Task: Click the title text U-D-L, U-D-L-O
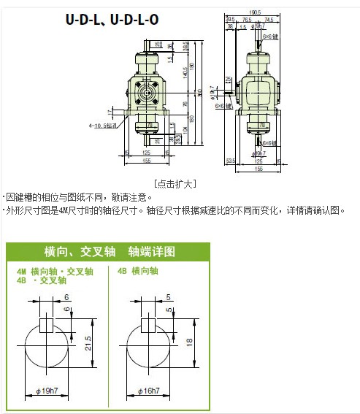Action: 112,20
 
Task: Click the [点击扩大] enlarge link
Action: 175,183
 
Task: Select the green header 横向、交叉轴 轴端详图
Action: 110,252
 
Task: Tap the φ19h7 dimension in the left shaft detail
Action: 47,391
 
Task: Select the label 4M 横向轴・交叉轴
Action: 55,271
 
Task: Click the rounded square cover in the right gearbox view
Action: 257,93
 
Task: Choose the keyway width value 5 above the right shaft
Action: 168,297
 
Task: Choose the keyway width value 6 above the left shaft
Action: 67,297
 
